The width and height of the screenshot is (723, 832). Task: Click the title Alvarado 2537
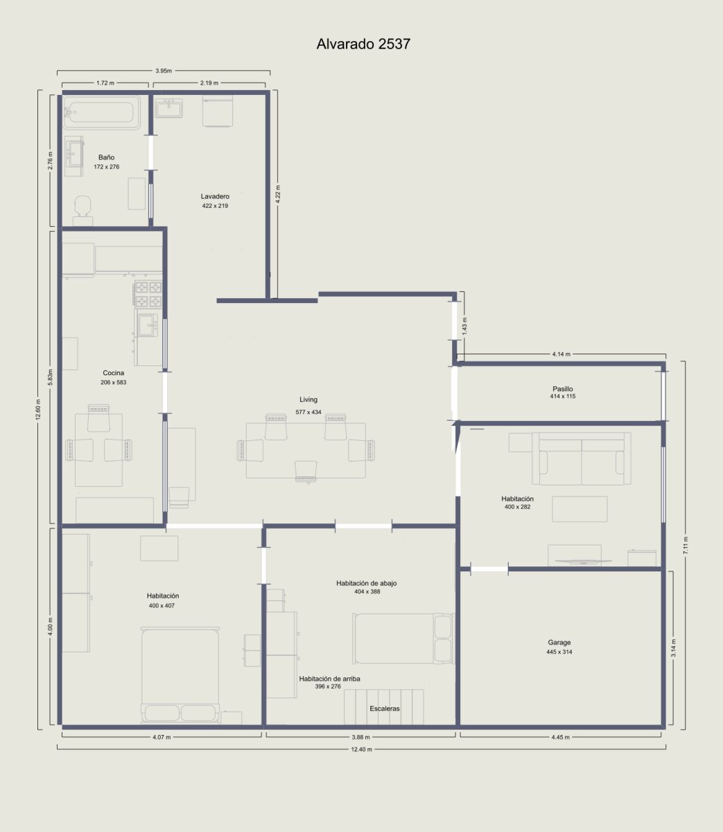(363, 44)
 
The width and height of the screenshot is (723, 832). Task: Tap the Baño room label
(107, 157)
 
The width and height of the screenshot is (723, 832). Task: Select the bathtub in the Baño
(102, 112)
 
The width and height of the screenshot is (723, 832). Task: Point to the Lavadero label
(215, 196)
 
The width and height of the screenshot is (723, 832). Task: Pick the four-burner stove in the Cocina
(148, 293)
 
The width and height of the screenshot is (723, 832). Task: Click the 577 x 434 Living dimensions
(308, 412)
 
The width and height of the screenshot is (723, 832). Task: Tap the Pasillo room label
(563, 389)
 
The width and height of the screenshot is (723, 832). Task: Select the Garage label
(559, 643)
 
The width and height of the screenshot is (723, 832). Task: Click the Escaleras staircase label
(385, 709)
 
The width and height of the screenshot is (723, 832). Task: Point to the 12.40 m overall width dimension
(361, 749)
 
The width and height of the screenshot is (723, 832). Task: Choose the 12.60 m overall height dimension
(39, 411)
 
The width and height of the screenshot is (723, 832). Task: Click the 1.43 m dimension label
(465, 326)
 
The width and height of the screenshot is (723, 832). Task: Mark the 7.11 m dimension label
(686, 546)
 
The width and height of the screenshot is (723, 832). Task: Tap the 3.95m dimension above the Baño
(164, 71)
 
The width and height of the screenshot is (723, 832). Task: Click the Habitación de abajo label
(367, 583)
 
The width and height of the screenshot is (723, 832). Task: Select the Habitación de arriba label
(329, 679)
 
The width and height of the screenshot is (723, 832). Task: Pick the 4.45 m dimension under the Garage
(560, 737)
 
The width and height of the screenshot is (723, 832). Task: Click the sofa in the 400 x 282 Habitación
(582, 458)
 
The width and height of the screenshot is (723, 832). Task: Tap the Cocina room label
(114, 373)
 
